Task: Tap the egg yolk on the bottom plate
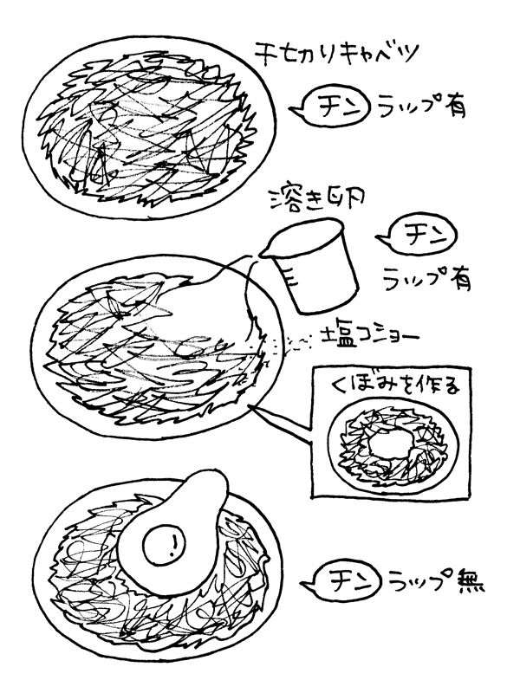point(170,545)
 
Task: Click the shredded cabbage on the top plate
point(139,130)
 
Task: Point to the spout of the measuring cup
point(266,249)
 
